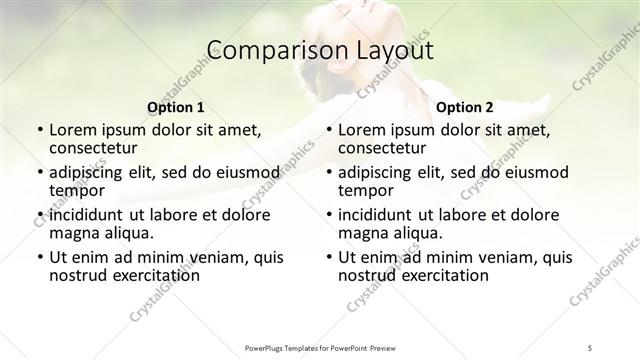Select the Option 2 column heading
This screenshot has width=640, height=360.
click(x=465, y=107)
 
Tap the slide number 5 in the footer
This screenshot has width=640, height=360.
click(x=591, y=347)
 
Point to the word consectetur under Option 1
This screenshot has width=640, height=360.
click(x=90, y=148)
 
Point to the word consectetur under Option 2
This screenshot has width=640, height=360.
click(x=380, y=148)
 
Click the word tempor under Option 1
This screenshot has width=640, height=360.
click(x=77, y=190)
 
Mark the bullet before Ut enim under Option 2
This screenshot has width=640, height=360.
click(x=328, y=257)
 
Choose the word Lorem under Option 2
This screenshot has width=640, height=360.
click(x=361, y=130)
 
